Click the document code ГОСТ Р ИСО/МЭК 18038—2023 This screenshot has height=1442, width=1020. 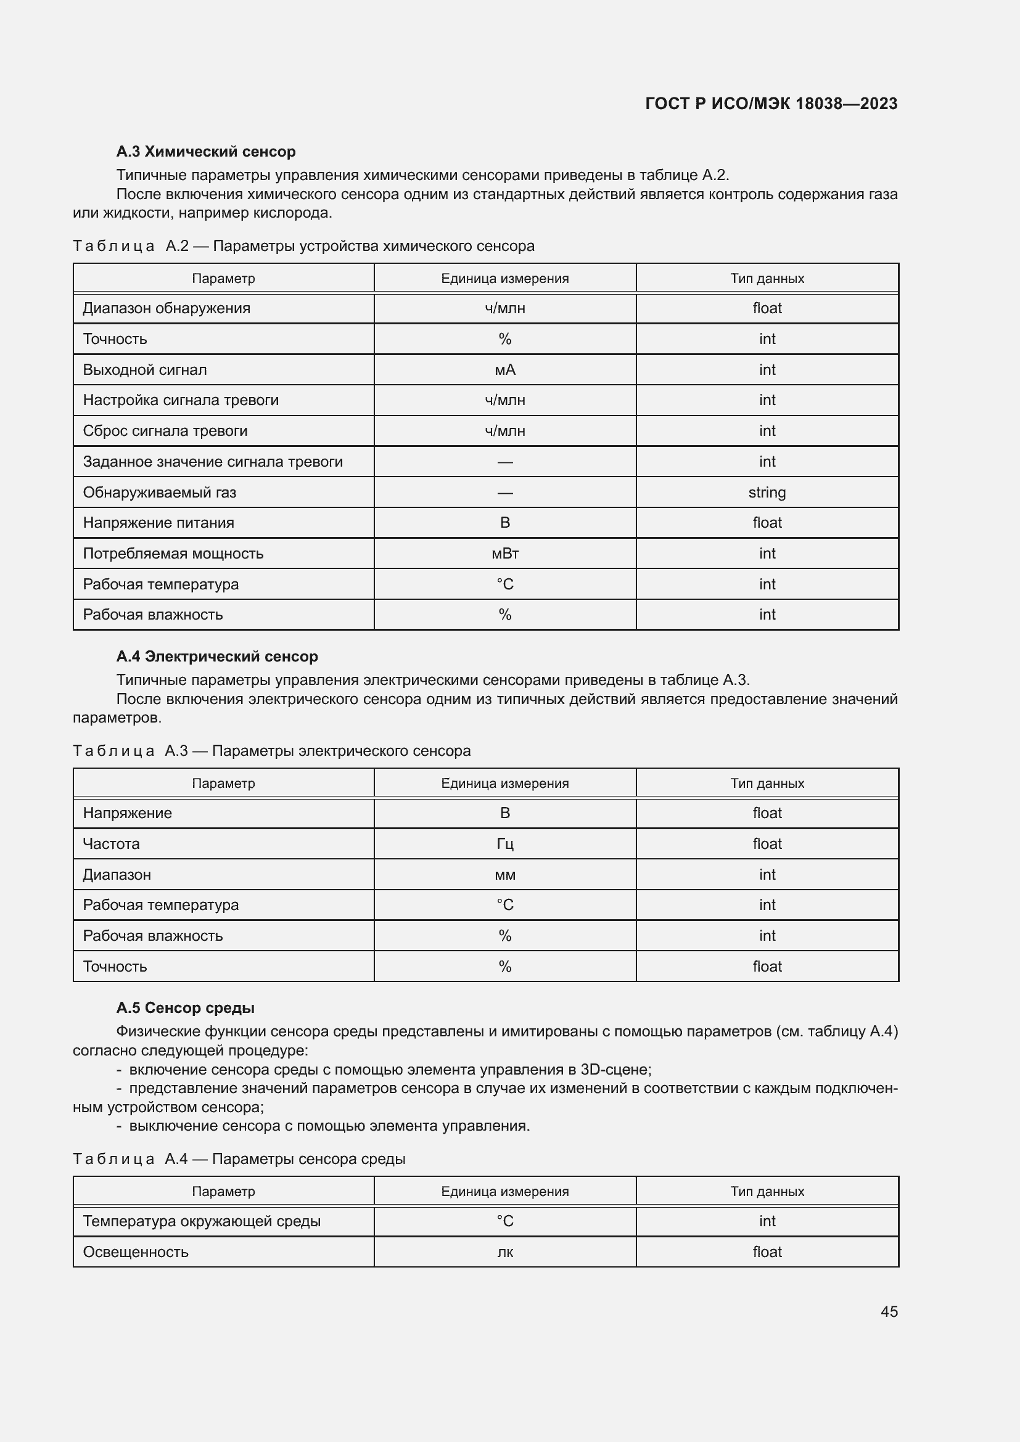point(771,104)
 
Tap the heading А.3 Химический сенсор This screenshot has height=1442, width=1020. point(205,152)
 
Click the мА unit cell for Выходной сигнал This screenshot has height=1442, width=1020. point(504,369)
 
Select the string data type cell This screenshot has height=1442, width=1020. point(767,492)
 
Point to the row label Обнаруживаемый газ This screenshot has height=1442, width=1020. point(160,492)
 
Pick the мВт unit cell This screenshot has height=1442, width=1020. point(504,553)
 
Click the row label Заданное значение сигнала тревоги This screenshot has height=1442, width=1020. point(212,462)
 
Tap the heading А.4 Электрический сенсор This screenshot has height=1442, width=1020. point(216,657)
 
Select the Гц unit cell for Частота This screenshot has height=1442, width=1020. point(504,843)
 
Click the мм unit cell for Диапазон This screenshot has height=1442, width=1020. point(504,874)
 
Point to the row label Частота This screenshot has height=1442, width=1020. point(111,843)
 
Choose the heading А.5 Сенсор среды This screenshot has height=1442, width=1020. point(185,1007)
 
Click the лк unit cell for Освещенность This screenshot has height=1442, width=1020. point(504,1252)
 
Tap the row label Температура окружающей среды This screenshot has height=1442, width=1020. point(202,1221)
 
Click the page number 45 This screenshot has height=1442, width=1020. point(889,1311)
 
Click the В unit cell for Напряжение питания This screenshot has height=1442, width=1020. point(504,523)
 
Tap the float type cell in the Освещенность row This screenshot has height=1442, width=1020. point(767,1252)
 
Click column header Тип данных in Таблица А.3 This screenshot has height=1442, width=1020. point(767,783)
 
